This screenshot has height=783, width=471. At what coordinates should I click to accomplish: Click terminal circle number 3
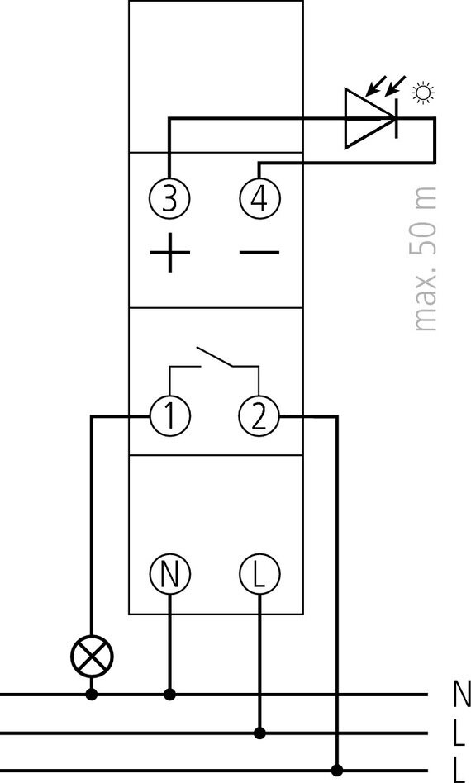(170, 199)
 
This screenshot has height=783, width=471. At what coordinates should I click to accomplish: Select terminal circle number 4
(259, 199)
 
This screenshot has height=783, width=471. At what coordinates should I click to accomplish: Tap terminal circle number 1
(170, 416)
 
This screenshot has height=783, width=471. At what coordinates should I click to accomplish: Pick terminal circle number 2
(259, 416)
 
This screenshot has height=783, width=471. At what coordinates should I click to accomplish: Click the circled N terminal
(170, 574)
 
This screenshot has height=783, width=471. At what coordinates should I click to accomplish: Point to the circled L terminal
(259, 574)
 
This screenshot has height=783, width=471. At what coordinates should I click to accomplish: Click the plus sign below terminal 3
(170, 253)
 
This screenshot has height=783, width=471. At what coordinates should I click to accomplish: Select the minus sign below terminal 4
(259, 252)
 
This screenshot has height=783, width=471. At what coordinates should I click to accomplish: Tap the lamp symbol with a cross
(92, 657)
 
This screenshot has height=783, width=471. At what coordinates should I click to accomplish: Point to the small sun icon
(424, 93)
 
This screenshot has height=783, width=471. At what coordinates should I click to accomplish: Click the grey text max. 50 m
(425, 259)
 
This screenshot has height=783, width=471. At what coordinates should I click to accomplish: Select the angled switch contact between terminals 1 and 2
(216, 357)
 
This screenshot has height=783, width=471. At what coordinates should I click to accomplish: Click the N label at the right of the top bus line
(462, 694)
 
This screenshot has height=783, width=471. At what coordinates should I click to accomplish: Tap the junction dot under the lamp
(92, 694)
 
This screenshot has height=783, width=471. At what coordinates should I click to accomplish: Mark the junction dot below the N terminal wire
(170, 694)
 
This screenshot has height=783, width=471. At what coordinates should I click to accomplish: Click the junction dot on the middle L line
(259, 733)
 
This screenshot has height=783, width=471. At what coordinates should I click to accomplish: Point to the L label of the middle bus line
(460, 733)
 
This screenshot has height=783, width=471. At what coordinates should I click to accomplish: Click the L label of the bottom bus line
(460, 771)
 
